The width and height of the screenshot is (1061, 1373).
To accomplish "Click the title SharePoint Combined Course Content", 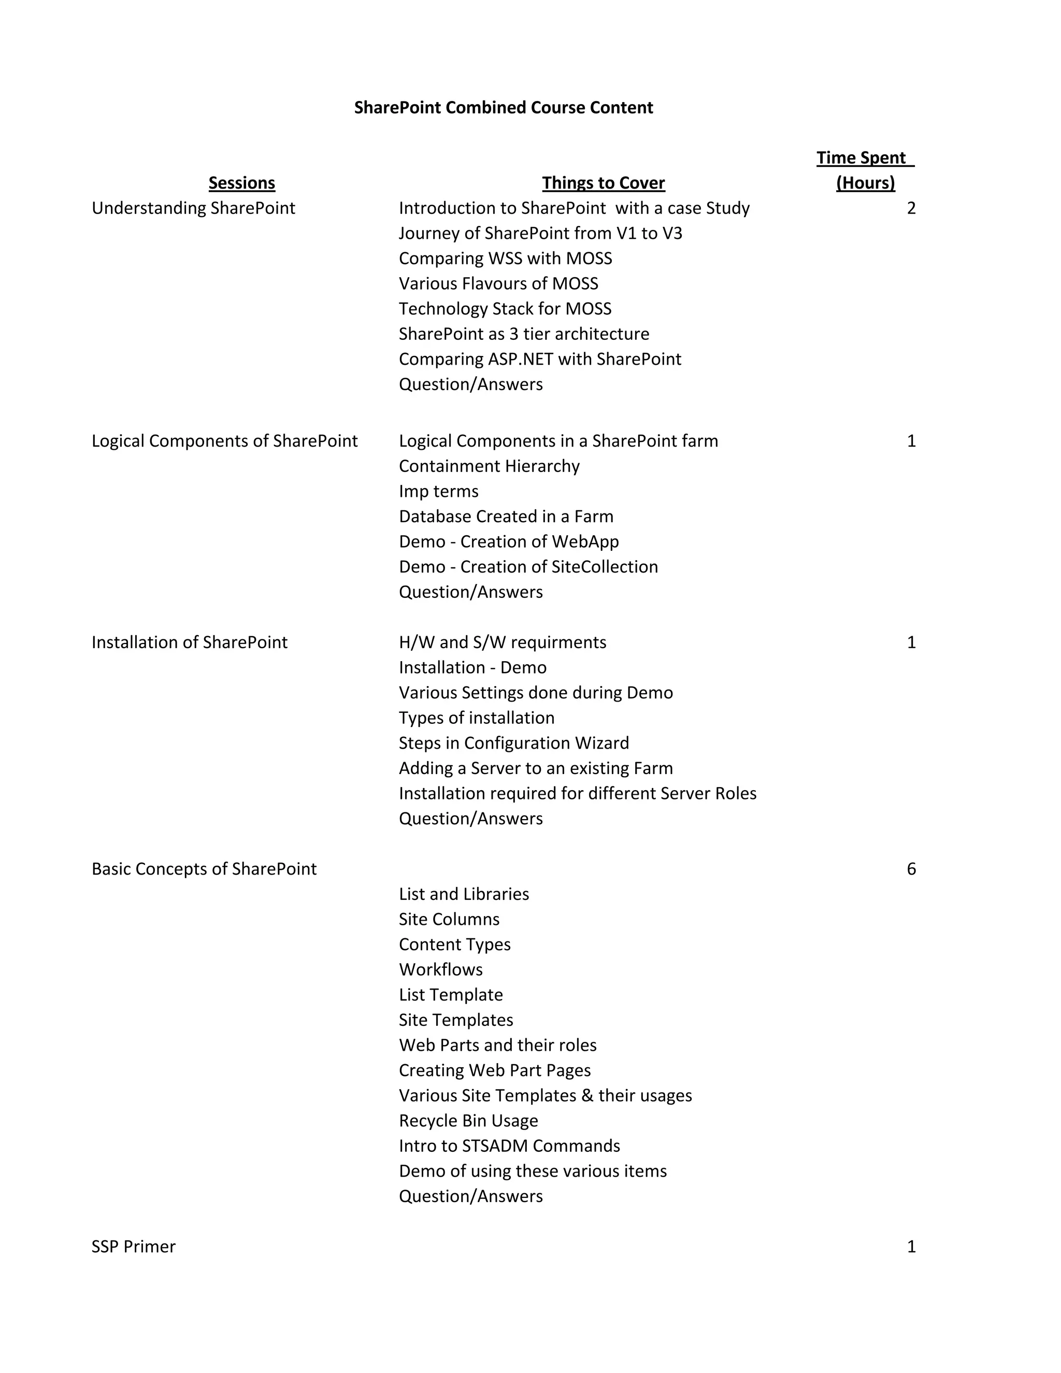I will (x=504, y=107).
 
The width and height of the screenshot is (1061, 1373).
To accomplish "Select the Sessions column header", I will (x=242, y=183).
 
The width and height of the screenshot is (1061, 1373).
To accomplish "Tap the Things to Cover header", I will (x=604, y=183).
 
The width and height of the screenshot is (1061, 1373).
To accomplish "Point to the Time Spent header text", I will (x=865, y=158).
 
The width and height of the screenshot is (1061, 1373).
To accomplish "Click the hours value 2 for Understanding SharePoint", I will (x=911, y=208).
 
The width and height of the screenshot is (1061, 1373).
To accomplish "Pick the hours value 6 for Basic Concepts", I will (x=911, y=869).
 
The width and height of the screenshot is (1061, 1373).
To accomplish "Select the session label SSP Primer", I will (x=133, y=1247).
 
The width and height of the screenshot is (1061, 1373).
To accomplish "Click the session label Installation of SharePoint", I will (x=189, y=642).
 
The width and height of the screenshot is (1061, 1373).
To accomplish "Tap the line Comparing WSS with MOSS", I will (x=505, y=259).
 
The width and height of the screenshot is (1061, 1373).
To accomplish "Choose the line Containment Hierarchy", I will (x=489, y=466).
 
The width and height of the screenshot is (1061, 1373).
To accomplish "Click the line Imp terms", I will (x=439, y=491).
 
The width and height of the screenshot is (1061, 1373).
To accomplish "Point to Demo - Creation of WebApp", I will (x=509, y=541).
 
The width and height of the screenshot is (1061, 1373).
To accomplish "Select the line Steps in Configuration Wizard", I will (x=513, y=743).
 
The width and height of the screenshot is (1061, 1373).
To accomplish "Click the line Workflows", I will (x=441, y=969).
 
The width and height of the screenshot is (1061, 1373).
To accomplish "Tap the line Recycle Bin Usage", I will (x=468, y=1120).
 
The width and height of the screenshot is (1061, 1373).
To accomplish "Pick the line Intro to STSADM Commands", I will (x=509, y=1146).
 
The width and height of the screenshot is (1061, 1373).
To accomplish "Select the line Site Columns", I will (x=449, y=919).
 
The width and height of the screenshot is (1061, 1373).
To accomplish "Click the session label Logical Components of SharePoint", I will (x=224, y=441).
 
